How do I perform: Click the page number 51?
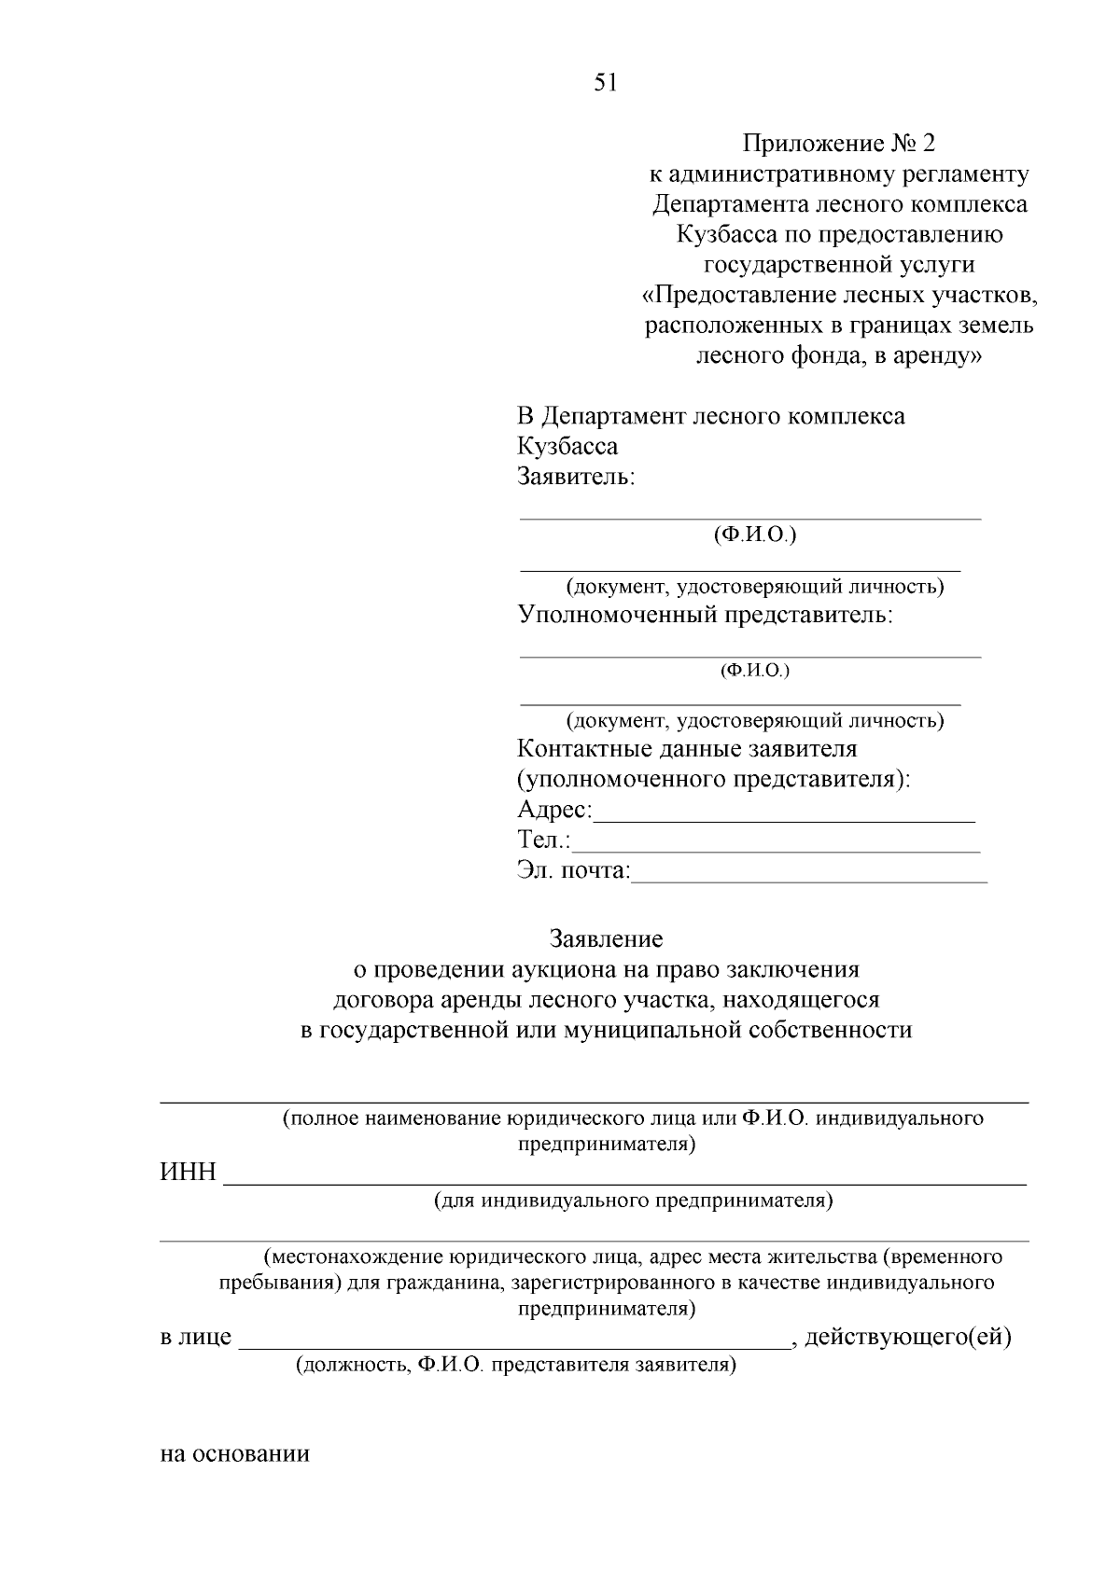point(605,83)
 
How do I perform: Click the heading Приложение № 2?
point(838,144)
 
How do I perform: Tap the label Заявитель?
point(576,477)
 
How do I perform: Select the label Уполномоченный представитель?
point(706,615)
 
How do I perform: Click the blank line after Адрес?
point(784,818)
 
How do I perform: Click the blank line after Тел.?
point(776,849)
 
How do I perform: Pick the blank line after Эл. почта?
point(808,879)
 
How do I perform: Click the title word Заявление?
point(607,938)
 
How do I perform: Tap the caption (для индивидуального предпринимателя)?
point(633,1201)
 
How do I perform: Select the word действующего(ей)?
point(908,1338)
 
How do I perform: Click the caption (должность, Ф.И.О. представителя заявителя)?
point(516,1367)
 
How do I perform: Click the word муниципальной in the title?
point(667,1030)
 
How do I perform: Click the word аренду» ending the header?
point(933,355)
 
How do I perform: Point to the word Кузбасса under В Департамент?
point(567,446)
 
